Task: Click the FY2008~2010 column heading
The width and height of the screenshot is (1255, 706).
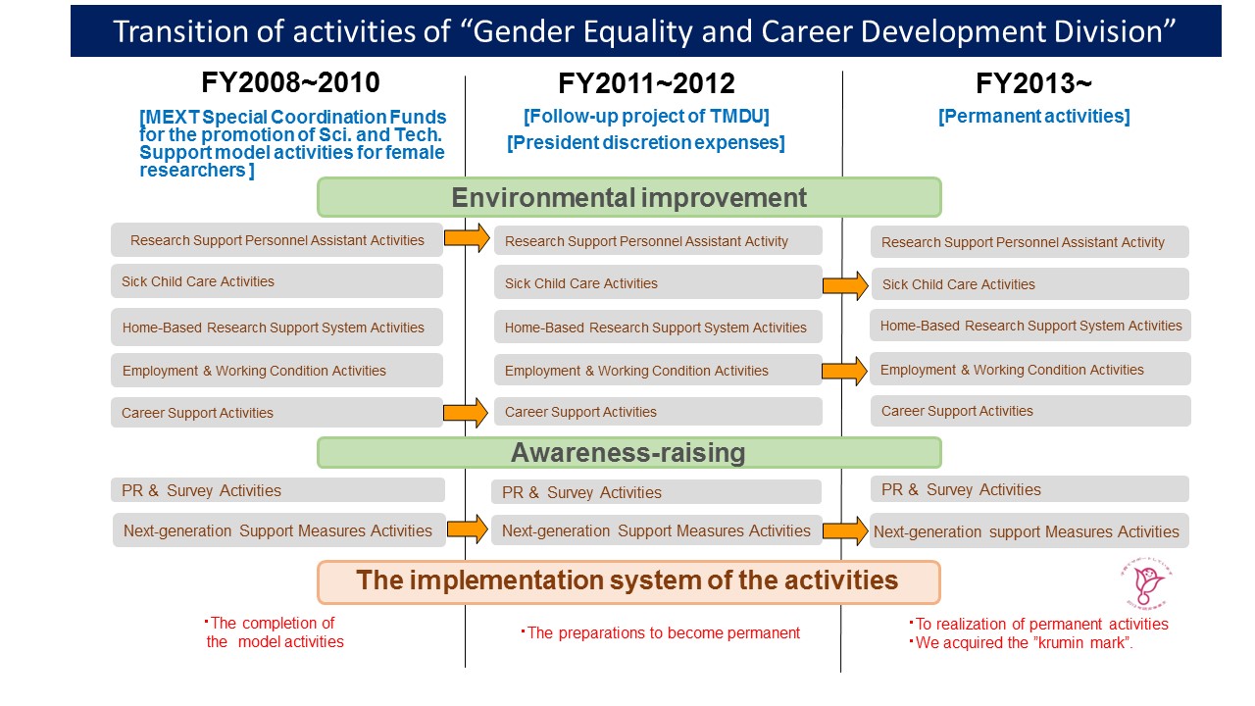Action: [290, 83]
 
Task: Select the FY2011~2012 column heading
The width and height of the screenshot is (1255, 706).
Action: [646, 84]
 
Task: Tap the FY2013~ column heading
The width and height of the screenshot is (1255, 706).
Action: [1033, 84]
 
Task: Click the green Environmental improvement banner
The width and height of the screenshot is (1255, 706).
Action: [628, 197]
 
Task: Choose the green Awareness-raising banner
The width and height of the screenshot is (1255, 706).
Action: [628, 453]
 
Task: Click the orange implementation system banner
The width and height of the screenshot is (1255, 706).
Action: [628, 582]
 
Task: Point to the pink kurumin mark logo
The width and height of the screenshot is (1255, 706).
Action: [1146, 583]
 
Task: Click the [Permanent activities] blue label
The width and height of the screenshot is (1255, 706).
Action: [1033, 116]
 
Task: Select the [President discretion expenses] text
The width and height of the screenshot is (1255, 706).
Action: [645, 142]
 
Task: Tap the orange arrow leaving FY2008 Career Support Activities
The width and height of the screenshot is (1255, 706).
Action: [466, 413]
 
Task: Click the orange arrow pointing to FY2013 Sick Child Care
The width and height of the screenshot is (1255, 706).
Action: [845, 285]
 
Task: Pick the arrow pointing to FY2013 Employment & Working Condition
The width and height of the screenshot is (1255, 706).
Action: [844, 371]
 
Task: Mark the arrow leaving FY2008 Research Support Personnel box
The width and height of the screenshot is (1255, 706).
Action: [467, 238]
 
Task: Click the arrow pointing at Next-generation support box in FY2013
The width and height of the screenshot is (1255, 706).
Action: [845, 530]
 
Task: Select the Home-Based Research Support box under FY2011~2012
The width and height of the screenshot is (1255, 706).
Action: [658, 328]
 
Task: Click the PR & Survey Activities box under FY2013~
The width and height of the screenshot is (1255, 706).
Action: [1029, 489]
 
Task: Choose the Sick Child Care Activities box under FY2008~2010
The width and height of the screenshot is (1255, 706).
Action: [276, 281]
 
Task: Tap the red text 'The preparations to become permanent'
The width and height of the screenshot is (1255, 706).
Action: [661, 632]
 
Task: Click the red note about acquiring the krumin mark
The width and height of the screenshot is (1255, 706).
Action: [1022, 642]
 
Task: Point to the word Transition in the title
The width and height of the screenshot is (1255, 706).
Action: [181, 31]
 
